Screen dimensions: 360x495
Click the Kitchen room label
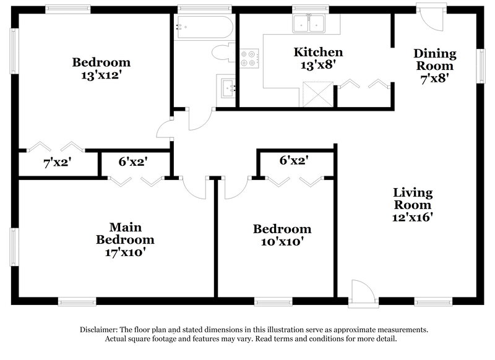(x=318, y=52)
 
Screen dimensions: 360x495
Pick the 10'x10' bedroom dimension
(x=282, y=242)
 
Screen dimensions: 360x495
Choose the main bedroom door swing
(x=193, y=187)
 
